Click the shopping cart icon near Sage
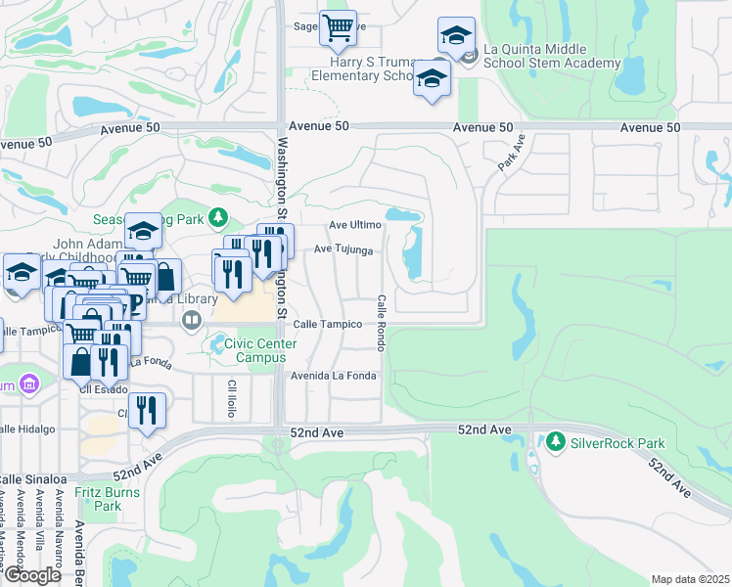tap(338, 28)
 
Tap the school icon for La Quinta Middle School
tap(456, 36)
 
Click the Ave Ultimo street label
tap(354, 225)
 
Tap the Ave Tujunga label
tap(343, 250)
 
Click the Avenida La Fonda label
tap(334, 376)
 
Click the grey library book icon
tap(191, 318)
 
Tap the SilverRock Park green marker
tap(557, 443)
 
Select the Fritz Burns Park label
tap(108, 499)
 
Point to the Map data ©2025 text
tap(690, 579)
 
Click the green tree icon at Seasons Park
tap(221, 216)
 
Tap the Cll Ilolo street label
tap(233, 392)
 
